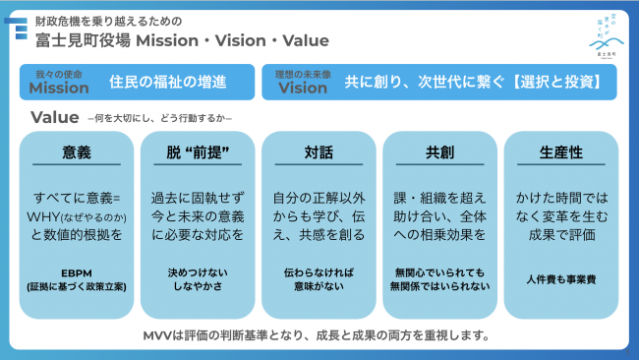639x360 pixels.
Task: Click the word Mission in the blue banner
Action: click(62, 88)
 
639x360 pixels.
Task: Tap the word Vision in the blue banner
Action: click(303, 88)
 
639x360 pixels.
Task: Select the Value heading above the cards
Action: click(55, 118)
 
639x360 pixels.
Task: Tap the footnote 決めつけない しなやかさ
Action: click(198, 278)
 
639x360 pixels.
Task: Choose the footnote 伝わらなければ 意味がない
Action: click(319, 278)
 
